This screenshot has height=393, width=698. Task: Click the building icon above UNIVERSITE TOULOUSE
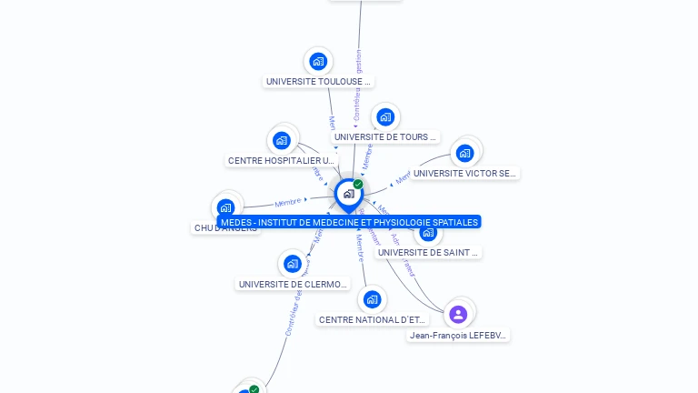click(317, 62)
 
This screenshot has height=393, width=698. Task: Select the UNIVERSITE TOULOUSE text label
click(318, 82)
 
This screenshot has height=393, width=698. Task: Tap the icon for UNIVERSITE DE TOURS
click(385, 117)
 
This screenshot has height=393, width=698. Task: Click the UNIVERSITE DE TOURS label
click(385, 137)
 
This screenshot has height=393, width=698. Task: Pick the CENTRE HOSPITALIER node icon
click(282, 140)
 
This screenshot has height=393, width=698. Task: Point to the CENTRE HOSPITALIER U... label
click(281, 161)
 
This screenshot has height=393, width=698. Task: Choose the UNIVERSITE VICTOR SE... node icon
click(464, 153)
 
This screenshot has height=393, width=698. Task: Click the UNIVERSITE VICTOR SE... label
click(464, 173)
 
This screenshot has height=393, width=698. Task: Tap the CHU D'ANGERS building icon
click(226, 207)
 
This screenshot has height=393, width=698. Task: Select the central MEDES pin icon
click(348, 194)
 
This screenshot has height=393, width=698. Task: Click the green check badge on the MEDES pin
click(358, 185)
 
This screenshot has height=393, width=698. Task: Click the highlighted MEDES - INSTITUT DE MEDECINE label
click(349, 222)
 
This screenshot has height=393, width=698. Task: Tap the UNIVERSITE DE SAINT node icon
click(428, 232)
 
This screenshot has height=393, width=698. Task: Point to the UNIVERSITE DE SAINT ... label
click(428, 252)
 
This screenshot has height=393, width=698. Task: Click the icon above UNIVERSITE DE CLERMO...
click(292, 264)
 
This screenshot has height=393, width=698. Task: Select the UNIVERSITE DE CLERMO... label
click(293, 284)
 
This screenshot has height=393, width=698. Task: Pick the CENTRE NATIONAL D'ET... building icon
click(372, 299)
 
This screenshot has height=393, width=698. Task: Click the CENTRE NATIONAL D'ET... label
click(372, 319)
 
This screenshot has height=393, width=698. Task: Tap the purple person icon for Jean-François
click(458, 315)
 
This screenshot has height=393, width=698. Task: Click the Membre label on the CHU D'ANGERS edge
click(288, 202)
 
